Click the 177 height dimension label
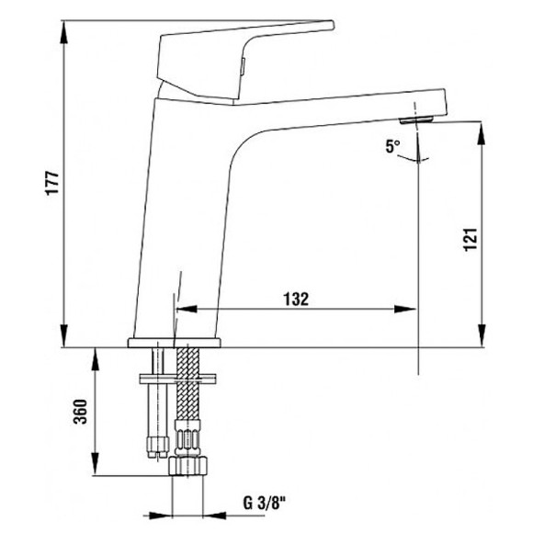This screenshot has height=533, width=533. [52, 183]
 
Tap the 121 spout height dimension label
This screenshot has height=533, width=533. [471, 239]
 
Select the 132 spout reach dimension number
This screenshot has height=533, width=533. [296, 300]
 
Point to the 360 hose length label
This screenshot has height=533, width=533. [81, 412]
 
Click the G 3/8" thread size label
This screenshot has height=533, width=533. [265, 503]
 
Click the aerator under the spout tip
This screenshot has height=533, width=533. [416, 119]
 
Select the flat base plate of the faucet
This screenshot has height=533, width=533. [174, 343]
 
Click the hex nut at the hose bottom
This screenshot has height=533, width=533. [188, 466]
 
